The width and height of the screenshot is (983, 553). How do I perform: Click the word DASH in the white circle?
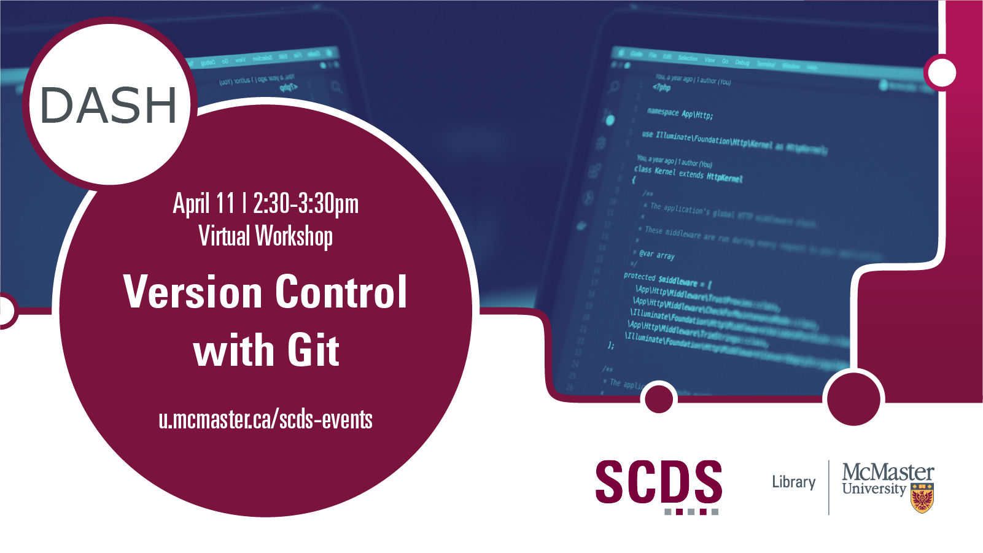tap(109, 105)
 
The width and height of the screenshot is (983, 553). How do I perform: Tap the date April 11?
tap(203, 204)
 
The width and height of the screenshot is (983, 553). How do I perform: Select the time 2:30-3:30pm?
tap(305, 204)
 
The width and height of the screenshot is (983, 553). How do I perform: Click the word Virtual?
tap(224, 236)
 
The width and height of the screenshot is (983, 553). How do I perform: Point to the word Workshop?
tap(294, 236)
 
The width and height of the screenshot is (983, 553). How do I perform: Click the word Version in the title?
tap(193, 292)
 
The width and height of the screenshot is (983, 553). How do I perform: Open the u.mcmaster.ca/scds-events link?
tap(265, 420)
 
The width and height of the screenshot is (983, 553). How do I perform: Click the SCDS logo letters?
tap(658, 482)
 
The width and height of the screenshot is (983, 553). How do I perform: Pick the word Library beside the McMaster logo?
tap(794, 482)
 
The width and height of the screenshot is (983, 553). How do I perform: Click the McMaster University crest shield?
tap(922, 497)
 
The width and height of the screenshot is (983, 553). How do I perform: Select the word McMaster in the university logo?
tap(887, 473)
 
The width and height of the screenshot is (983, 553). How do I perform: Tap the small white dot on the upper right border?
tap(942, 73)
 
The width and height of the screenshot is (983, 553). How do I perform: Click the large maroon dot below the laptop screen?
tap(853, 399)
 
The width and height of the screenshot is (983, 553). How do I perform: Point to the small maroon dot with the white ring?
tap(659, 400)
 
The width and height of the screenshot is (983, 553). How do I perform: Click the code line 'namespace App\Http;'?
tap(680, 114)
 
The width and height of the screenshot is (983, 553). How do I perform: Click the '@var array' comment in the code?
tap(656, 254)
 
